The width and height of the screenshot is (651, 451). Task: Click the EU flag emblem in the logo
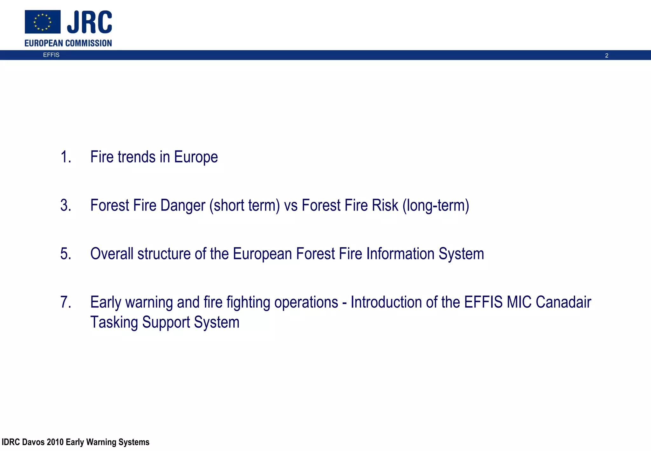tap(43, 22)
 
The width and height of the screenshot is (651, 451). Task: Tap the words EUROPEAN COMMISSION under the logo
tap(68, 43)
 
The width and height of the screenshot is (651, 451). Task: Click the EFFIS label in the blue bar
tap(51, 55)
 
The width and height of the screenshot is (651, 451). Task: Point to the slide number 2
tap(606, 56)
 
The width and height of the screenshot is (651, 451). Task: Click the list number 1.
tap(65, 157)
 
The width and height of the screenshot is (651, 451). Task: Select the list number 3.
tap(65, 205)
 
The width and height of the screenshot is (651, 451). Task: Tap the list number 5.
tap(65, 254)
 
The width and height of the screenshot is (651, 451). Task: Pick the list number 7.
tap(65, 302)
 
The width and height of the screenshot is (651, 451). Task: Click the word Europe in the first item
tap(196, 157)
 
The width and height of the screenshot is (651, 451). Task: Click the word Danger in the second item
tap(183, 205)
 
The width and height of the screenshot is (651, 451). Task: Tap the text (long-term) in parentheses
tap(436, 205)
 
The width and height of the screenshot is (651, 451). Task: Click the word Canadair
tap(563, 302)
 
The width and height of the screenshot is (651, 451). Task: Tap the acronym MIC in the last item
tap(519, 302)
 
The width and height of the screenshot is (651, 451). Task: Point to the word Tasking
tap(114, 322)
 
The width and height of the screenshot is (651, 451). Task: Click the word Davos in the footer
tap(33, 442)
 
